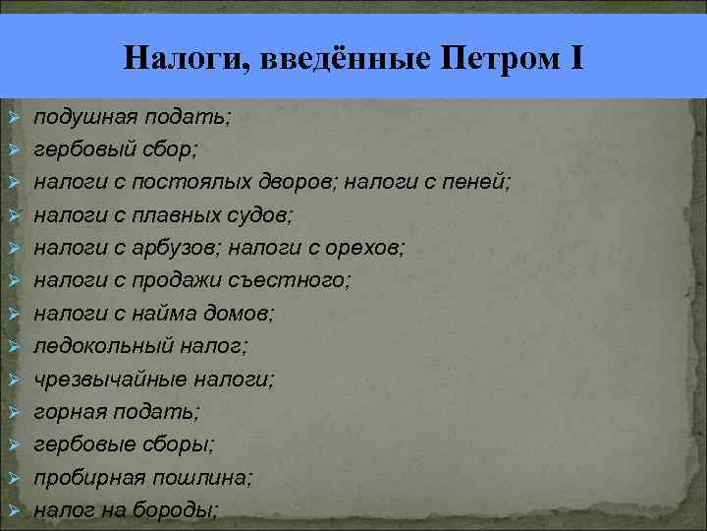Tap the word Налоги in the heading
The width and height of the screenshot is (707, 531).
[x=177, y=60]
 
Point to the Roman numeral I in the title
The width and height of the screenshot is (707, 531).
[x=575, y=59]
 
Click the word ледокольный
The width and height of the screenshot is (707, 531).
[x=103, y=345]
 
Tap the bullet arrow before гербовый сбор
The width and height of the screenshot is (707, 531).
[x=14, y=150]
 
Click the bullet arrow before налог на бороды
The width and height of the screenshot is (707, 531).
[x=14, y=510]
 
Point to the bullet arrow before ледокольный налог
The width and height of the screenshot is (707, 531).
[x=14, y=346]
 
